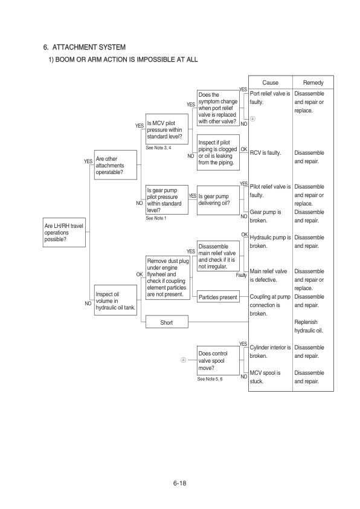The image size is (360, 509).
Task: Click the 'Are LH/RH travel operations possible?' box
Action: [x=64, y=232]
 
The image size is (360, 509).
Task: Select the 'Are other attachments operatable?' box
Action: [x=115, y=165]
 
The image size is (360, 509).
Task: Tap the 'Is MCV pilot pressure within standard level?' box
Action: [x=167, y=129]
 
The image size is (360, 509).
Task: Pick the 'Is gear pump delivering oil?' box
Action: [x=218, y=200]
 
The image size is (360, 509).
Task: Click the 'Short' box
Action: [x=167, y=322]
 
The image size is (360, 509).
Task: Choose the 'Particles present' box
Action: [x=218, y=297]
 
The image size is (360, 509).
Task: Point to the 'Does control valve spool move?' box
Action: [x=218, y=360]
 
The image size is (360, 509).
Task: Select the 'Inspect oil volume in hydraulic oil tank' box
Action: [x=115, y=300]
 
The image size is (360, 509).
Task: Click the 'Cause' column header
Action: [x=270, y=82]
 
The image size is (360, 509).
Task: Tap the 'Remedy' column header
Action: [x=313, y=82]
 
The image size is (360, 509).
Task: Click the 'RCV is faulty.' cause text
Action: [x=265, y=153]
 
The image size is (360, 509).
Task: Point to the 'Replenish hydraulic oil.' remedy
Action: [x=309, y=326]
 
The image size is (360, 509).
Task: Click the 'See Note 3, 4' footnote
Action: [x=158, y=148]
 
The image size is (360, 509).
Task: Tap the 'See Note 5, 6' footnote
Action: [x=210, y=379]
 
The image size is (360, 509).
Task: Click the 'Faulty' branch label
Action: [x=241, y=275]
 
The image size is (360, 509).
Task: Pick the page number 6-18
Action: [x=179, y=483]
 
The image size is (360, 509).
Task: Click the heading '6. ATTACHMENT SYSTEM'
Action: [x=85, y=47]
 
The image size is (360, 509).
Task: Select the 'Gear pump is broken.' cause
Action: [x=265, y=216]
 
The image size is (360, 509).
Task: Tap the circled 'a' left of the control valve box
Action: [x=183, y=360]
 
